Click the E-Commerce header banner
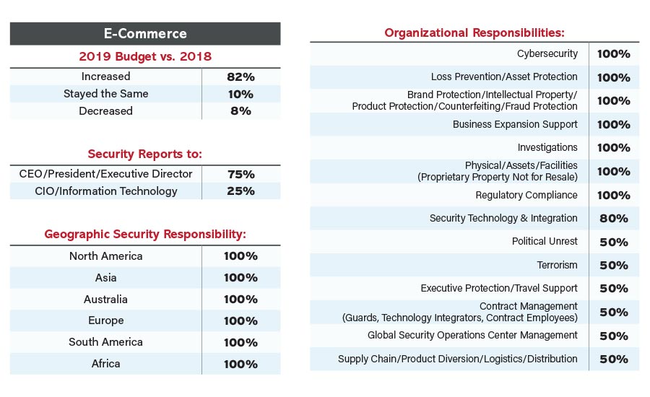[x=144, y=33]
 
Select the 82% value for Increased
[x=240, y=77]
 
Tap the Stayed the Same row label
[x=106, y=94]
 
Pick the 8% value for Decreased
[x=240, y=111]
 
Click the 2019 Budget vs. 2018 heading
[x=144, y=56]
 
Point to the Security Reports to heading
[x=144, y=154]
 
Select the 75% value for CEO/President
[x=240, y=174]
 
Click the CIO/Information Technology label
[x=106, y=191]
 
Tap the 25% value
[x=240, y=191]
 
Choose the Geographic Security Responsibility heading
[x=145, y=234]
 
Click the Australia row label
[x=106, y=299]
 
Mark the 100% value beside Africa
[x=240, y=364]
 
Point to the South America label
[x=106, y=342]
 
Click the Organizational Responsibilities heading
[x=474, y=32]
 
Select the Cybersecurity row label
[x=547, y=54]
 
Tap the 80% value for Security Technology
[x=614, y=218]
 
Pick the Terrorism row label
[x=557, y=265]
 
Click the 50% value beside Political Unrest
[x=614, y=242]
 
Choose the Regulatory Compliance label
[x=526, y=195]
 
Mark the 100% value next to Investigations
[x=614, y=148]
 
